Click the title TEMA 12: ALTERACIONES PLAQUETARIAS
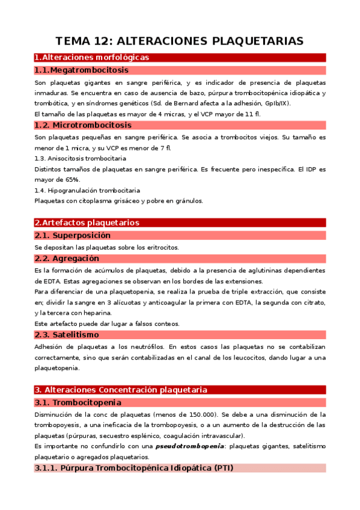coord(180,41)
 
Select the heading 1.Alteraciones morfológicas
coord(91,58)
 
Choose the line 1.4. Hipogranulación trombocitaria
coord(87,190)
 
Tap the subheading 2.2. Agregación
coord(67,258)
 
